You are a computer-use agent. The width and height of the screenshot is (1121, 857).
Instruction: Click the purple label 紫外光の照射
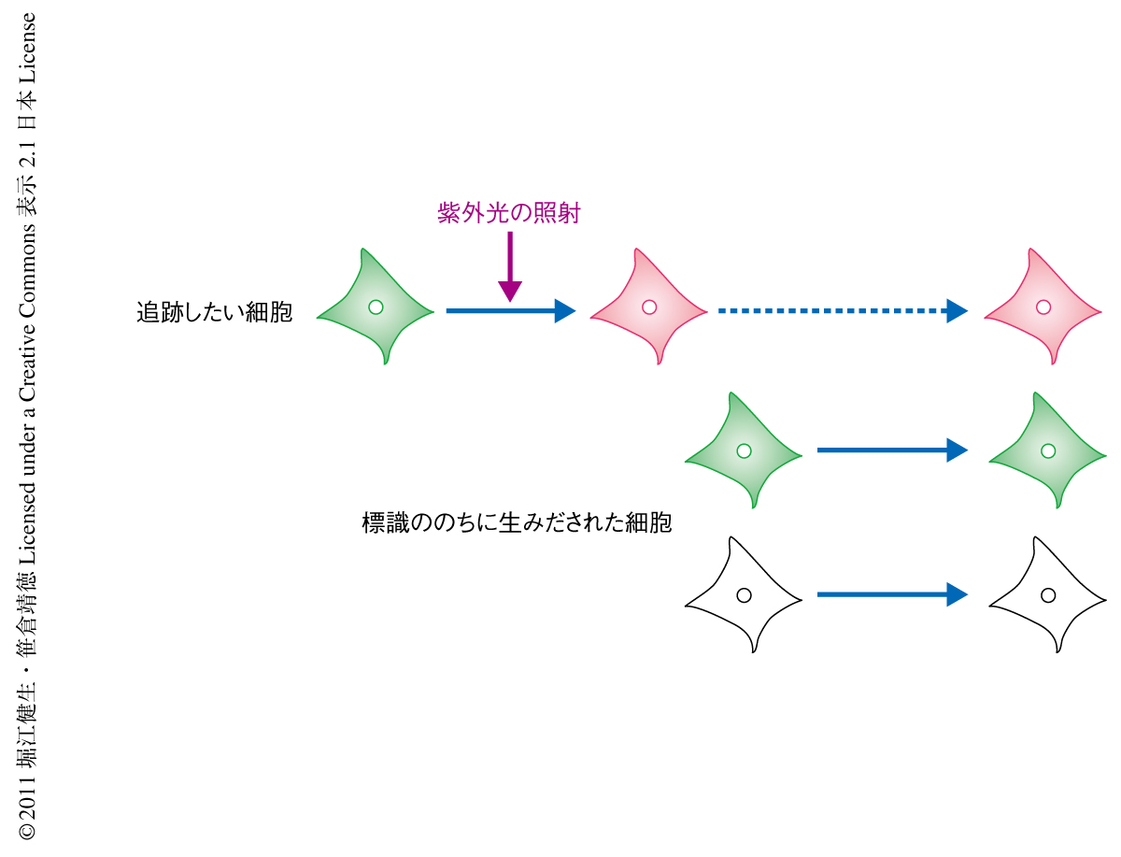coord(509,213)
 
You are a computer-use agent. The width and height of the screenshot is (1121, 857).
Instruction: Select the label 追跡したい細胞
coord(214,312)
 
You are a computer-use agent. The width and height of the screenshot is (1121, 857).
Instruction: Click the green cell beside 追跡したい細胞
coord(375,307)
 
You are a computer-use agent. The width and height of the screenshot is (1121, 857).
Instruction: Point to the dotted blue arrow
coord(841,310)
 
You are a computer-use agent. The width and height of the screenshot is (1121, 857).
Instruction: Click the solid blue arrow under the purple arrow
coord(509,310)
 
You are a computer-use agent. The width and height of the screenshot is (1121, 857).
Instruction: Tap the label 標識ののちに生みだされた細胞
coord(517,522)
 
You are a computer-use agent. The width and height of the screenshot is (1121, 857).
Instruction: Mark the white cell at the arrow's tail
coord(743,595)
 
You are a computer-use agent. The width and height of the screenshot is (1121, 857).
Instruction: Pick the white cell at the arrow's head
coord(1047,595)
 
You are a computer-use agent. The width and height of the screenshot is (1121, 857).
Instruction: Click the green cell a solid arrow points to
coord(1047,451)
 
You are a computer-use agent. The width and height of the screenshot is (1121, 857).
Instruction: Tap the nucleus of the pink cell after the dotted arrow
coord(1043,307)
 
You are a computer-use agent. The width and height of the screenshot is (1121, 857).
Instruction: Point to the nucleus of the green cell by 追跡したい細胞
coord(376,307)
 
